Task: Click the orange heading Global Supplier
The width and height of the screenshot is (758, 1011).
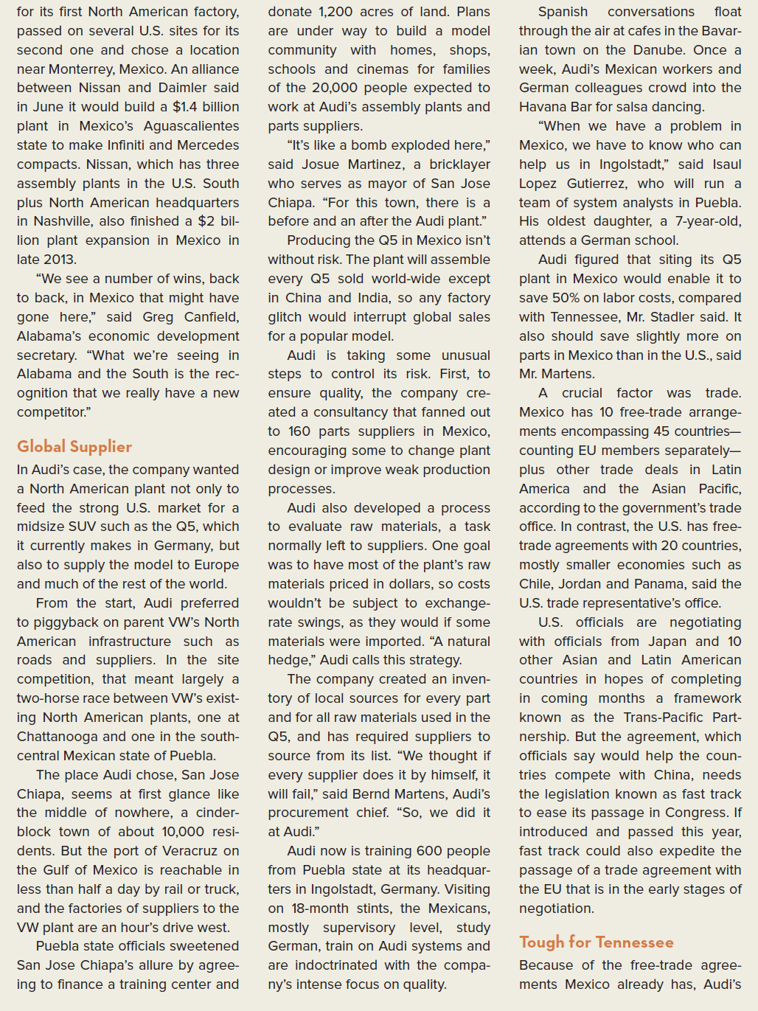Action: click(x=74, y=446)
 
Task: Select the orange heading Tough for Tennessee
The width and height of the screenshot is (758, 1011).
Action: click(x=596, y=942)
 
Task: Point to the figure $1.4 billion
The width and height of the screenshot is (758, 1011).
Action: click(x=206, y=107)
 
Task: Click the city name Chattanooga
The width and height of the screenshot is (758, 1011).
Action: click(x=58, y=737)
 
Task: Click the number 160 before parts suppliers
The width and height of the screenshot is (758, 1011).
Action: click(x=299, y=431)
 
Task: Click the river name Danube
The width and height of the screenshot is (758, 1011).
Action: click(x=656, y=50)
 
